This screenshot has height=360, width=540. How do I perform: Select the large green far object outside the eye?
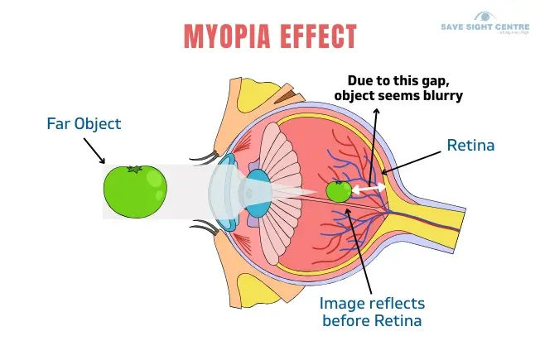[x=133, y=190]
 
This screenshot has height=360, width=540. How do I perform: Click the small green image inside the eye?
[x=338, y=191]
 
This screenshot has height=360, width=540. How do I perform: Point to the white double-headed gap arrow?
[x=369, y=190]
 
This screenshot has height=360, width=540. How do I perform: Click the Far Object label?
[x=83, y=124]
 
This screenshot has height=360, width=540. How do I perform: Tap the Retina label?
[x=470, y=146]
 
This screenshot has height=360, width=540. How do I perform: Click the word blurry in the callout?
[x=438, y=96]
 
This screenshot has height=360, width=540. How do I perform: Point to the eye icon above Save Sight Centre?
[x=484, y=17]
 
